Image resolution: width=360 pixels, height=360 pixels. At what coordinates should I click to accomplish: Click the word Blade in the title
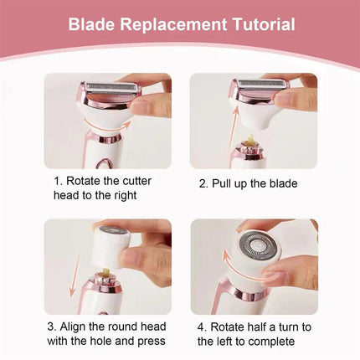[91, 24]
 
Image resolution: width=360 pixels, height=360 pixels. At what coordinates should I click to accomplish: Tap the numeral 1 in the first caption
[58, 181]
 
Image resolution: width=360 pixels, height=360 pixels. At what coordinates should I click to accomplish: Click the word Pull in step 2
[229, 184]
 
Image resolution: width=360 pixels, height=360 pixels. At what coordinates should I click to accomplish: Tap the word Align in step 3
[82, 327]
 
